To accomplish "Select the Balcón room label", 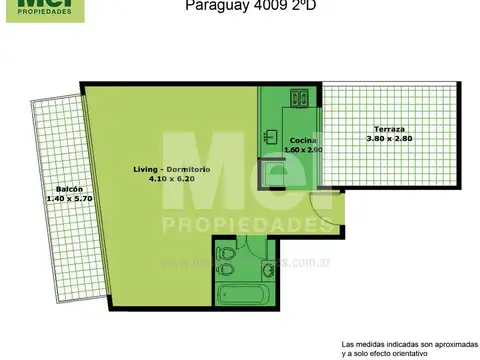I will (69, 189).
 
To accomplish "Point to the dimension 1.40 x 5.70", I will (69, 199).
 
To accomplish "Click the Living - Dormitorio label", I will (171, 169).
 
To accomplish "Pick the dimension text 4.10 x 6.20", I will (171, 179).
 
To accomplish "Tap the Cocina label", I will (303, 140).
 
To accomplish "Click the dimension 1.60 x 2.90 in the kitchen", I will (302, 150).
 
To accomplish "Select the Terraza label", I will (390, 129).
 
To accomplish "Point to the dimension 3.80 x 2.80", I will (390, 139).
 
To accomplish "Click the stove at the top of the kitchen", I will (300, 97).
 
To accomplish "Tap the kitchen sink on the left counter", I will (270, 135).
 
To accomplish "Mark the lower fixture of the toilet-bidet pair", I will (228, 269).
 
